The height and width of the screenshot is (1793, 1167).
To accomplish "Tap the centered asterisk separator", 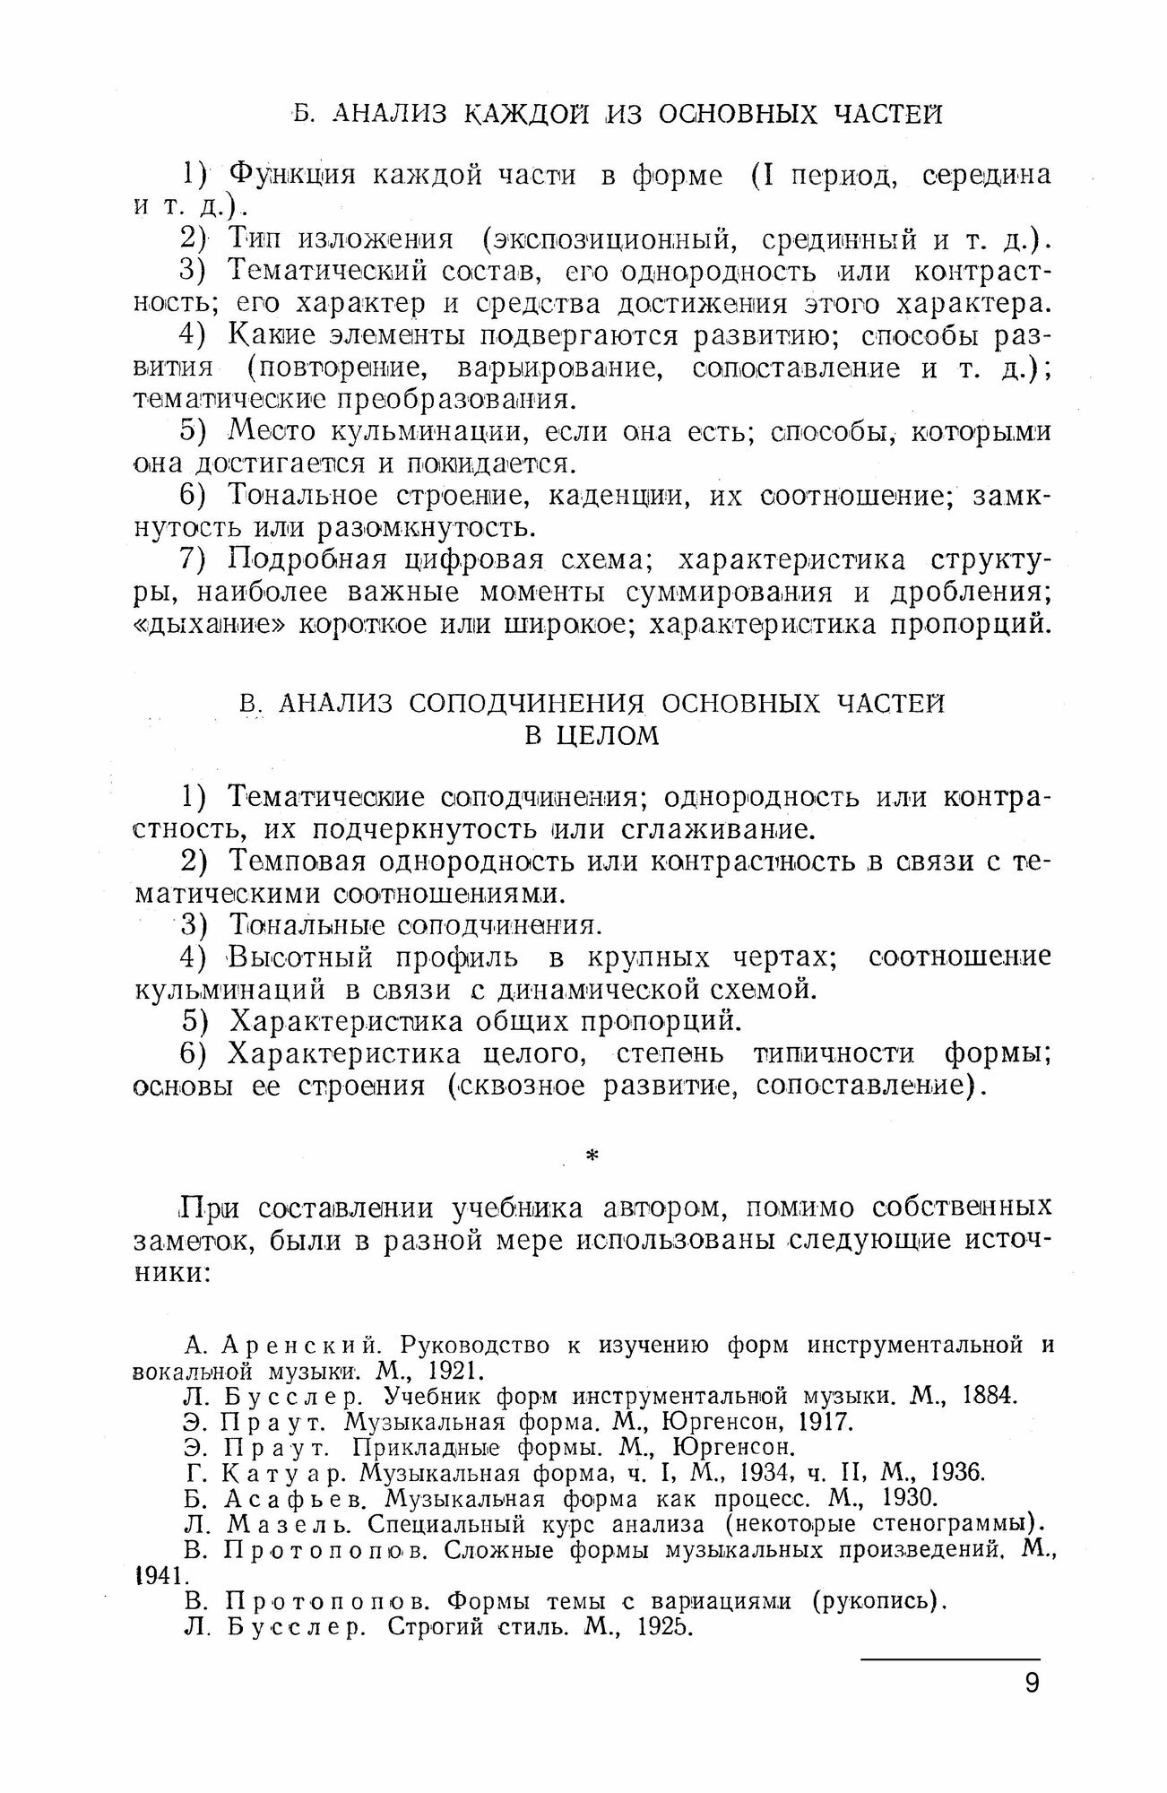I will pyautogui.click(x=591, y=1157).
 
